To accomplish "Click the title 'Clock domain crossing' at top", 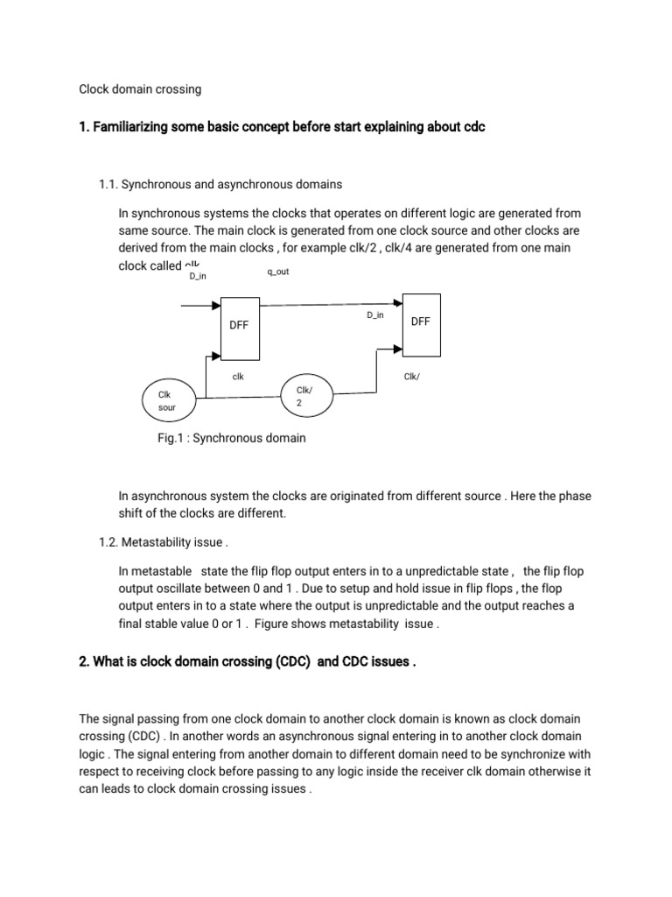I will coord(140,88).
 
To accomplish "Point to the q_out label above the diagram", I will coord(277,272).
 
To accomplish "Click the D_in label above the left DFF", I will coord(198,276).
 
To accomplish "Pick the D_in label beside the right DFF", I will coord(374,314).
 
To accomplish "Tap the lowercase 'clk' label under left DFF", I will coord(237,376).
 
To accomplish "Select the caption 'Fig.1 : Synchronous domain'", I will coord(231,438).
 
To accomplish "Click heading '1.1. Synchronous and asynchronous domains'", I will coord(220,185).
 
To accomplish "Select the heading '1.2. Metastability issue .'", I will coord(164,542).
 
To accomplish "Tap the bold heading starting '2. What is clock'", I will coord(247,661).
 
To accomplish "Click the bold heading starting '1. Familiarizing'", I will coord(282,128).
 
